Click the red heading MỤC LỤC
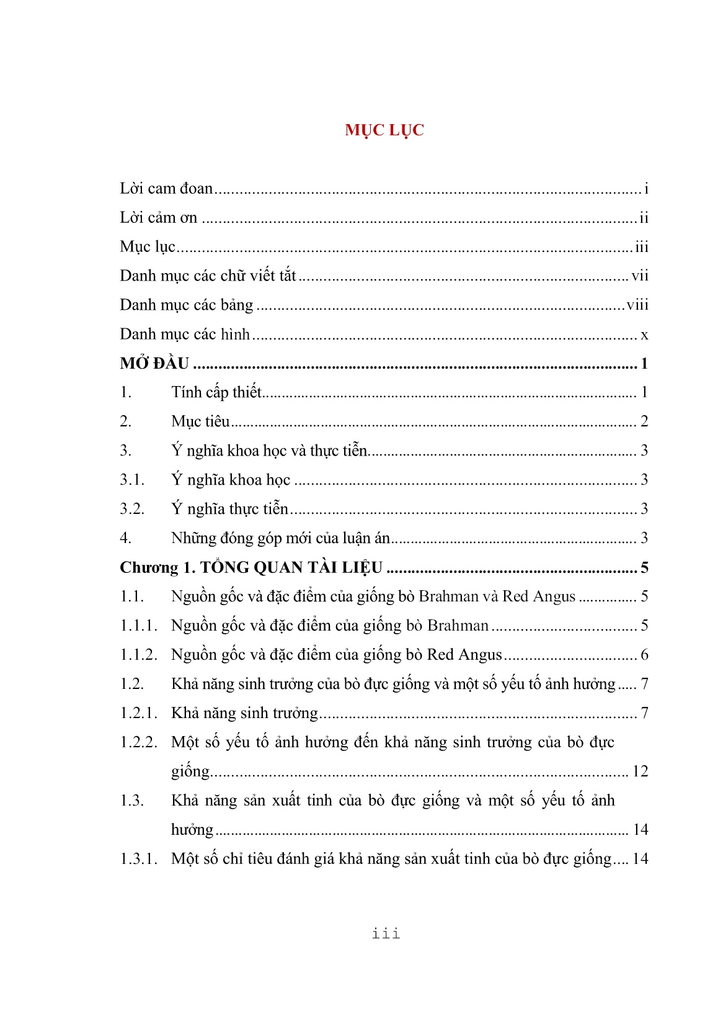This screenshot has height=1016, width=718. (x=384, y=130)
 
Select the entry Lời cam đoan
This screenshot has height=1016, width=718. (x=166, y=189)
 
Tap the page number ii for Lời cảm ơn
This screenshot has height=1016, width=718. (x=644, y=218)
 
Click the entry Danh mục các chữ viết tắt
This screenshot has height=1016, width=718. (x=208, y=276)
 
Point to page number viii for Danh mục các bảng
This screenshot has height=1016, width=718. (x=637, y=305)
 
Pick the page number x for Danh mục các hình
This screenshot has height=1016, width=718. (x=644, y=335)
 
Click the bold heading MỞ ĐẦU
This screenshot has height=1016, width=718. (x=154, y=364)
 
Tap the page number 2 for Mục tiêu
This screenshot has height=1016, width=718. (x=644, y=421)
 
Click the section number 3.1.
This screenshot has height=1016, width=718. (x=132, y=480)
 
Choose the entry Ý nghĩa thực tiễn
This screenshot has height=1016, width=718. (x=229, y=509)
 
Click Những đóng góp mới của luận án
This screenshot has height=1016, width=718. (x=280, y=538)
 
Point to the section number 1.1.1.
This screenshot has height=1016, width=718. (x=138, y=626)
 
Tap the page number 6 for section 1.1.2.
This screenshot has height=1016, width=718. (x=644, y=655)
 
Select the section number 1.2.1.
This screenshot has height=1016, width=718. (x=138, y=713)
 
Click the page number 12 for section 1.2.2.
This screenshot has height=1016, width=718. (x=640, y=771)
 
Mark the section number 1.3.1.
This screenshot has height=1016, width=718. (x=138, y=859)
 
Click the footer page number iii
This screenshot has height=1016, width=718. (x=386, y=933)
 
